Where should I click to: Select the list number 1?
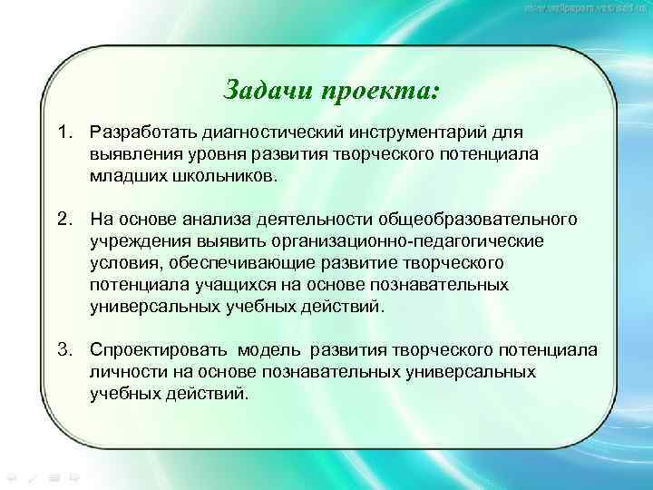click(x=63, y=133)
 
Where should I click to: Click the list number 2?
click(x=63, y=220)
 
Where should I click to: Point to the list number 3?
click(x=63, y=351)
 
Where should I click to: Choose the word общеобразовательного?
click(x=481, y=220)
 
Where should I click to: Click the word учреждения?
click(x=137, y=242)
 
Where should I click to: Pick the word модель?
click(x=270, y=351)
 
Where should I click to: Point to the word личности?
click(x=126, y=373)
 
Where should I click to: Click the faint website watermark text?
click(x=585, y=8)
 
